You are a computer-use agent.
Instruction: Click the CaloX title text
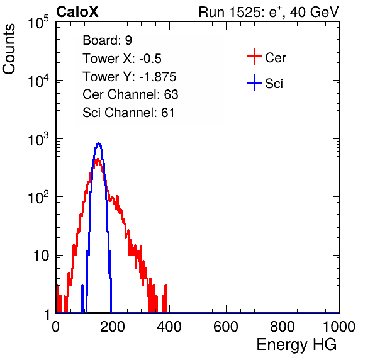[x=77, y=12]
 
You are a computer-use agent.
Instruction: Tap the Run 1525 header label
[x=269, y=12]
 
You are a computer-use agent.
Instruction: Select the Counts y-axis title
[x=9, y=49]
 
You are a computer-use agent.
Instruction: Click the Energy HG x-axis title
[x=296, y=345]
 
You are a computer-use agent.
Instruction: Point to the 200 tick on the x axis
[x=113, y=327]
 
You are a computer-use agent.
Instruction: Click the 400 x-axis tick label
[x=169, y=327]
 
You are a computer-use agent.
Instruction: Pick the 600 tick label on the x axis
[x=226, y=327]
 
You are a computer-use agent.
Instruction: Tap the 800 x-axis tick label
[x=283, y=327]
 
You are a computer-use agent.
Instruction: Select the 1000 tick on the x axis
[x=339, y=327]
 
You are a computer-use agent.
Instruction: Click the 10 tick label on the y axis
[x=42, y=256]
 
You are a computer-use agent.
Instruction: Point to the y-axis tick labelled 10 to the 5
[x=38, y=23]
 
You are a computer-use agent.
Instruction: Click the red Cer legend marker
[x=254, y=57]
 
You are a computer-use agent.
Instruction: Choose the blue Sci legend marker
[x=254, y=82]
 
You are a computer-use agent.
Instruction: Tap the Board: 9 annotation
[x=108, y=40]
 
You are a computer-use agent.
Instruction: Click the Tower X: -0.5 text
[x=122, y=59]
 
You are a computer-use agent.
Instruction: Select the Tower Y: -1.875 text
[x=130, y=77]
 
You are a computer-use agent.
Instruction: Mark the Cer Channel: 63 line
[x=130, y=94]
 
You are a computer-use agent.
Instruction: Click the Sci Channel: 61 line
[x=128, y=113]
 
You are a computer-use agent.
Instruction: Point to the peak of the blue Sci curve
[x=99, y=143]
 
